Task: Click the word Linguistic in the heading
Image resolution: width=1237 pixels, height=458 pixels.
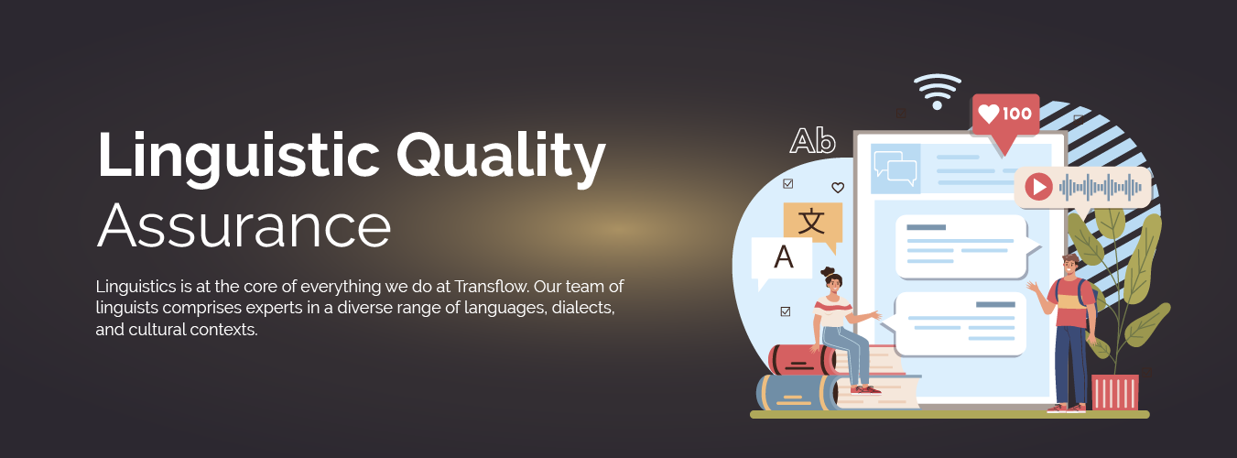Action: click(238, 156)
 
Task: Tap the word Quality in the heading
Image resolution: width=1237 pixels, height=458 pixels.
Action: click(501, 156)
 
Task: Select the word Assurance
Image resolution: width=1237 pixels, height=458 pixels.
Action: click(244, 225)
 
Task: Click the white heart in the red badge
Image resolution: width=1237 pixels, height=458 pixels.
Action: click(989, 114)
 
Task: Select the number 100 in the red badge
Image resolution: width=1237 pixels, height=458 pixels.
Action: click(1017, 114)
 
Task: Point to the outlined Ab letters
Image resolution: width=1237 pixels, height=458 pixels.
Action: click(813, 141)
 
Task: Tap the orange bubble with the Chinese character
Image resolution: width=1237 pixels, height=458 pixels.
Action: click(812, 223)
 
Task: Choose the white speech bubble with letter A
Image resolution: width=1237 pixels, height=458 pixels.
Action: click(782, 258)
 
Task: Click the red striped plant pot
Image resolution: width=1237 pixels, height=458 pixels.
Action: click(1114, 392)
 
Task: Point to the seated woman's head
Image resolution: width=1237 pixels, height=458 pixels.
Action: click(831, 279)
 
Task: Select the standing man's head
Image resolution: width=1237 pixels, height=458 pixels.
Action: click(1069, 265)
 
